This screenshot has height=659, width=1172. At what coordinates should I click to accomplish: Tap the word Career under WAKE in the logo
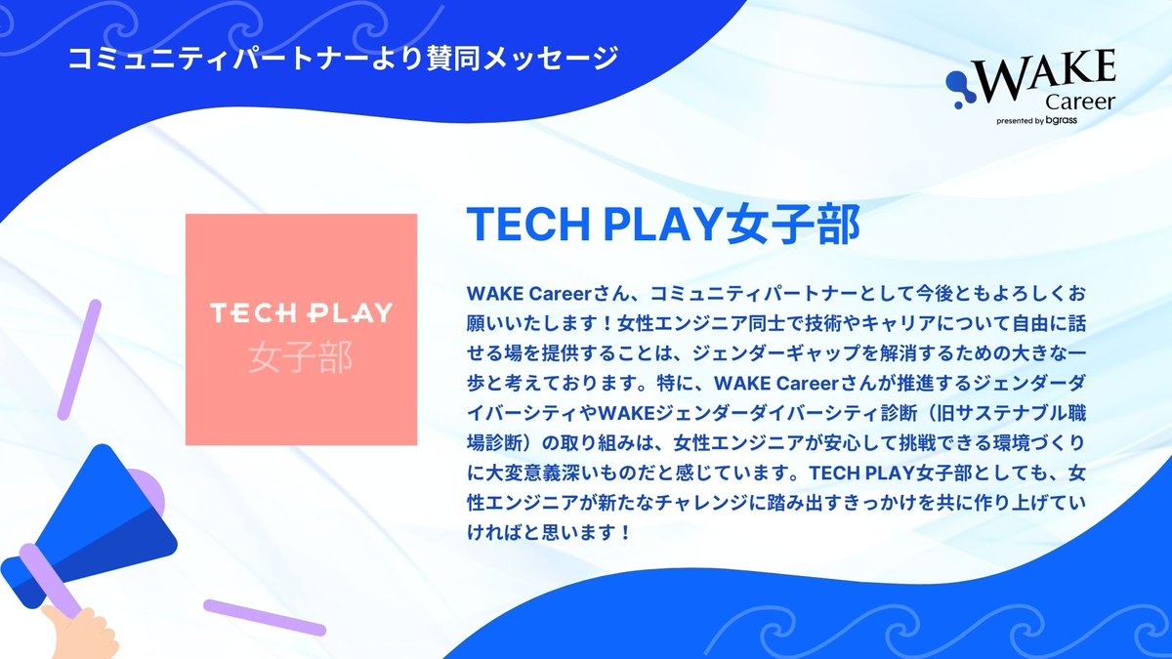tap(1079, 103)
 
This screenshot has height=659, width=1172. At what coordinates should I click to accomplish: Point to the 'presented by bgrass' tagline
tap(1050, 122)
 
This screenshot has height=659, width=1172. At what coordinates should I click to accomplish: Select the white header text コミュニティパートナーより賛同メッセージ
tap(342, 58)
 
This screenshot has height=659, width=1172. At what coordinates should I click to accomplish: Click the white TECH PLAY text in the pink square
tap(301, 313)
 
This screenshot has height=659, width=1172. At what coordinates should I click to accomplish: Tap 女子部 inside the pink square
tap(301, 356)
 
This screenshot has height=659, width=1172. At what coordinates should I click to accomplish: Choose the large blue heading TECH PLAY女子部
tap(663, 225)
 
